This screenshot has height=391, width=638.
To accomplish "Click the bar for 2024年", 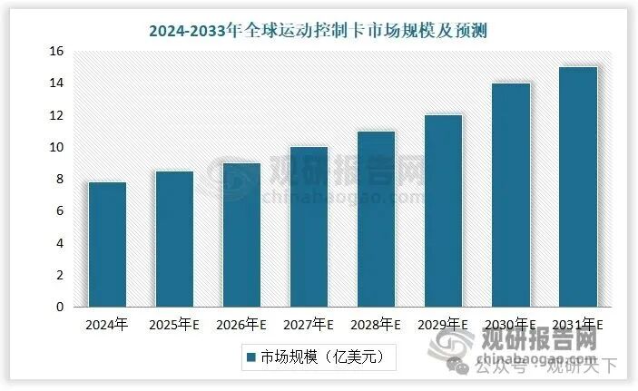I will pos(107,245).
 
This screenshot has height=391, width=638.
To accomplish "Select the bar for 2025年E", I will pos(174,239).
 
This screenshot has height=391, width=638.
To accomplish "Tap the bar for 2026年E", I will pos(241,235).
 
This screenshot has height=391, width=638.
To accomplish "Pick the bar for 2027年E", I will pos(309,227).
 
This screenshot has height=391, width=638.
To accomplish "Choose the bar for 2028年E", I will pos(376,220).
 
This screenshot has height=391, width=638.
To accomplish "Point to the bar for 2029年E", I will pos(443,211).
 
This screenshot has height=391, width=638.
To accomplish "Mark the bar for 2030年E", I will pos(510,195).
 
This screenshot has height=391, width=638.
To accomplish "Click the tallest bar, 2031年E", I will pos(577,187).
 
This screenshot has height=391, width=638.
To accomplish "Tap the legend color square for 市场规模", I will pos(250,357).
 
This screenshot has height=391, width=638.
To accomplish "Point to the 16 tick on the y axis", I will pos(55,52).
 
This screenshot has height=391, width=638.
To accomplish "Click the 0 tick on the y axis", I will pos(59,307).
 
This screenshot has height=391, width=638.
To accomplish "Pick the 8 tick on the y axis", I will pos(59,180).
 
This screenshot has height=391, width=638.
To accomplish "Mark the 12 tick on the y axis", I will pos(55,115).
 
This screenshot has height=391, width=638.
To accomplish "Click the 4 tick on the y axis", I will pos(59,243).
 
